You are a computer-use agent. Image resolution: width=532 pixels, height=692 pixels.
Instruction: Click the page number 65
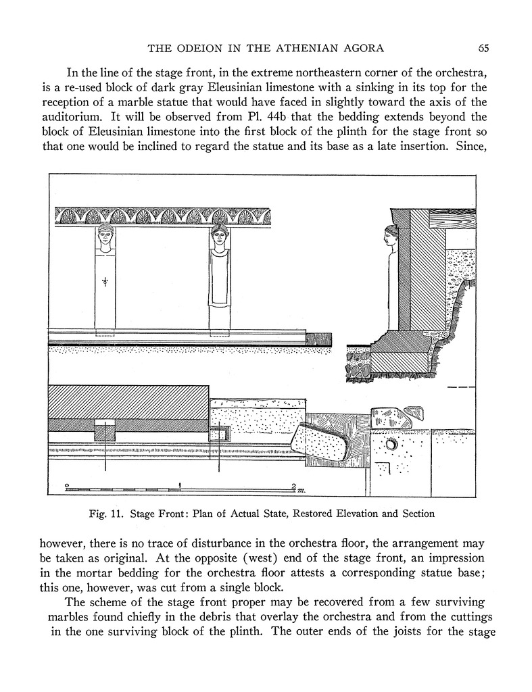[483, 47]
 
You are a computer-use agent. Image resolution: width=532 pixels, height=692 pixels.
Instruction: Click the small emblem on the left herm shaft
[105, 282]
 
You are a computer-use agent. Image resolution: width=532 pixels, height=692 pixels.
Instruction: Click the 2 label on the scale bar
[293, 486]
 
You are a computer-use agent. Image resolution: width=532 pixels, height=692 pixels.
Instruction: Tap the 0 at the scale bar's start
[66, 486]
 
